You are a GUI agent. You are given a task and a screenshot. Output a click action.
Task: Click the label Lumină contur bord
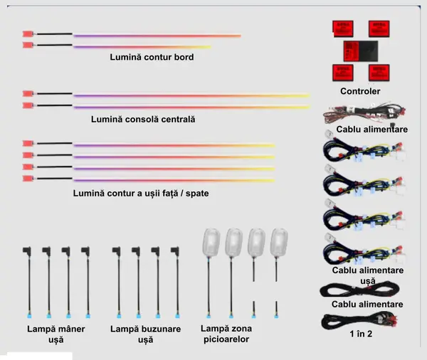click(x=152, y=57)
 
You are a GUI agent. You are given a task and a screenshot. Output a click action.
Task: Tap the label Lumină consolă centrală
click(x=143, y=120)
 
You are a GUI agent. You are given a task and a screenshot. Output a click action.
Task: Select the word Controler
click(x=360, y=91)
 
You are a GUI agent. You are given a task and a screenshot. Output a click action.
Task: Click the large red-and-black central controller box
click(x=361, y=51)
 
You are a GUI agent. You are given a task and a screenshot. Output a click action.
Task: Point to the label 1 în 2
click(x=361, y=334)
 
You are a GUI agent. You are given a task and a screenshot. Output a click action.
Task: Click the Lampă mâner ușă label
click(x=56, y=334)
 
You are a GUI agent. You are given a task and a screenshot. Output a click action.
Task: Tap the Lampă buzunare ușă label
click(x=145, y=334)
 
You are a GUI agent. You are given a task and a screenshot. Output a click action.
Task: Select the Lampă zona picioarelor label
click(x=226, y=334)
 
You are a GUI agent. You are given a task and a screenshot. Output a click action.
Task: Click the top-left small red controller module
click(x=343, y=28)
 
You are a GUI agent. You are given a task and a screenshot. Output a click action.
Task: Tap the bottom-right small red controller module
click(x=379, y=73)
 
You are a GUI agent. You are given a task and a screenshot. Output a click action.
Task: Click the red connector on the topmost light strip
click(x=28, y=34)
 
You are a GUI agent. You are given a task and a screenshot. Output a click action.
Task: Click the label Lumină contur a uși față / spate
click(x=141, y=194)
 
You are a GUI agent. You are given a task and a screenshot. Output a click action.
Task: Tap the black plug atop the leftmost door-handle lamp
click(x=27, y=251)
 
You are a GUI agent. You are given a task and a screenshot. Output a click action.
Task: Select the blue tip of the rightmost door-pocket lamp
click(x=177, y=316)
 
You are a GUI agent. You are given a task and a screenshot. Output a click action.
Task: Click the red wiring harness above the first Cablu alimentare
click(x=364, y=112)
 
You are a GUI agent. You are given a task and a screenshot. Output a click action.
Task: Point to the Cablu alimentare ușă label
click(x=368, y=275)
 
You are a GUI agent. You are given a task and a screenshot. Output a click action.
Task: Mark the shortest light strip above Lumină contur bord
click(x=142, y=47)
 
